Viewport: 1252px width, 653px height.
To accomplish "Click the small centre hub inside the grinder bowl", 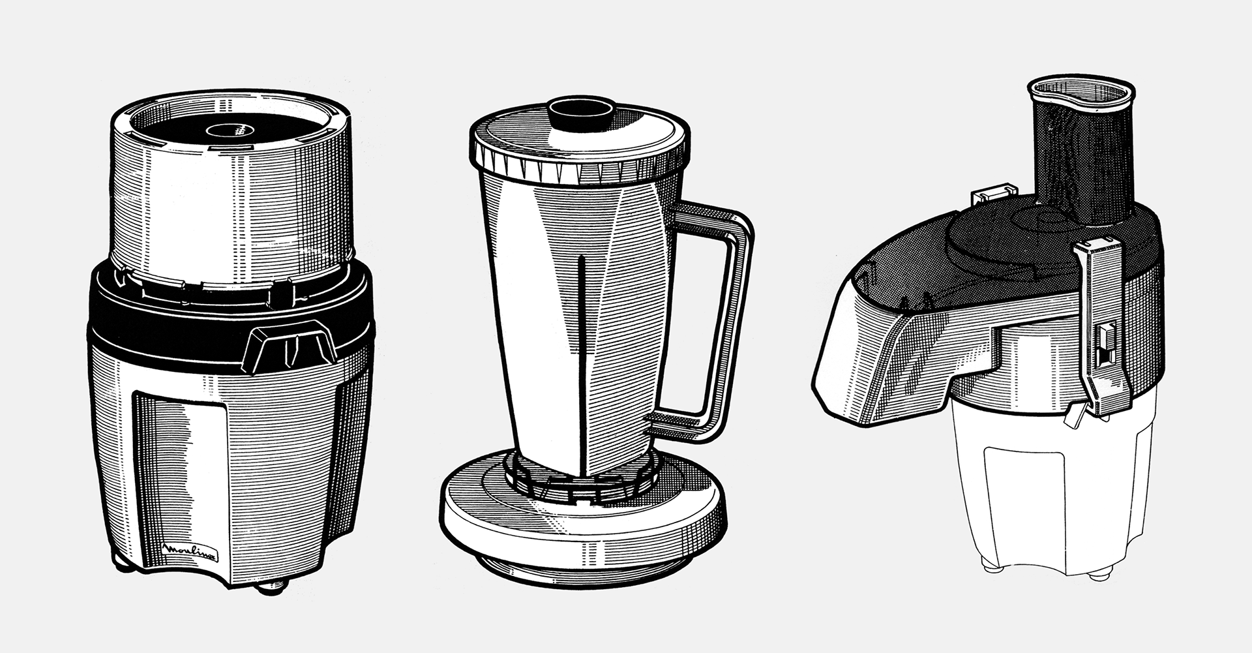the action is [232, 129].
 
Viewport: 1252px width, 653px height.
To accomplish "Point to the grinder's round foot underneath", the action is [273, 587].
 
